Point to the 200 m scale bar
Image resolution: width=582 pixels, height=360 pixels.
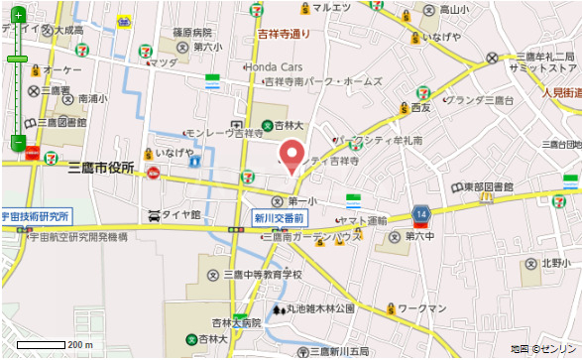(x=55, y=345)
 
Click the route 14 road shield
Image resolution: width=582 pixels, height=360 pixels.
(x=421, y=213)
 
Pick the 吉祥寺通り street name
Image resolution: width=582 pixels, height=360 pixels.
(x=286, y=35)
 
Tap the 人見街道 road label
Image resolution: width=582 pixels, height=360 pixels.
(x=561, y=91)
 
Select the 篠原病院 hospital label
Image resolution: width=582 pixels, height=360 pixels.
(x=192, y=32)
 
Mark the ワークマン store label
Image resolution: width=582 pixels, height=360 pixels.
(x=437, y=309)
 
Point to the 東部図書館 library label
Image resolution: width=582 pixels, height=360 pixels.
(x=488, y=186)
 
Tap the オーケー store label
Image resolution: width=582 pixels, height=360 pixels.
(x=61, y=69)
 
